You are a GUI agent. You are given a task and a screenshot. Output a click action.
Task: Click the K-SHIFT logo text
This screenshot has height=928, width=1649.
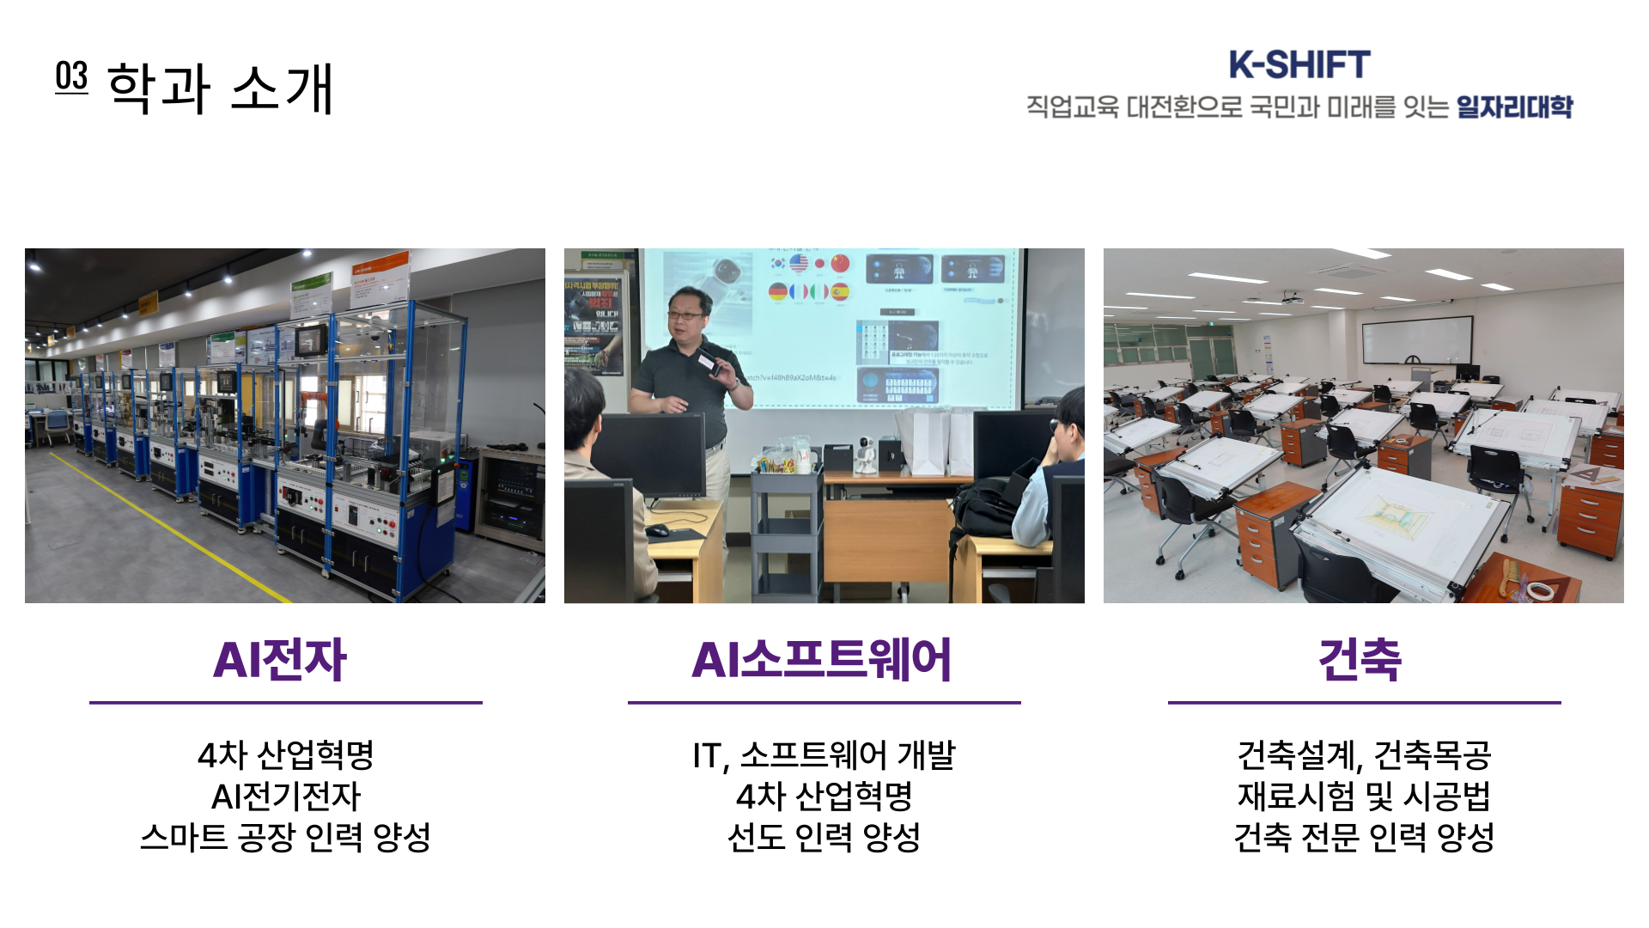pos(1299,64)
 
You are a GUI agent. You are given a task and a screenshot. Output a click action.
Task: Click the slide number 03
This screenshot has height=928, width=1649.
pos(71,76)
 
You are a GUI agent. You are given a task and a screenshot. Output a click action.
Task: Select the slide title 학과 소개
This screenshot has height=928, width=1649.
pos(220,88)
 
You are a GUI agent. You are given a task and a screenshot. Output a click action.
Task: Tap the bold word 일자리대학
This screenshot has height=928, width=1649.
pos(1514,107)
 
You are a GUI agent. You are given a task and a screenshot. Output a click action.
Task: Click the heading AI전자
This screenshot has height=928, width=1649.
pos(280,660)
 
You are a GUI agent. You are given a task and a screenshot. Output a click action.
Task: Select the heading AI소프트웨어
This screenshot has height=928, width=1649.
pos(822,660)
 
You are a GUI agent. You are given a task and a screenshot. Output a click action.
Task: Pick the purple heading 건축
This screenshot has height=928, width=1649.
pos(1360,660)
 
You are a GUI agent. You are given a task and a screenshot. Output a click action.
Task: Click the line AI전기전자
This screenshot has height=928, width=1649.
pos(286,797)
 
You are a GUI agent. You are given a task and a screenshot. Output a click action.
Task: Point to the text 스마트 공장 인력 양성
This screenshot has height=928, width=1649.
pos(285,837)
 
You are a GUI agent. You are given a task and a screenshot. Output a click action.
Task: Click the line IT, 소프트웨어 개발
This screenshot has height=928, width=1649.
pos(824,755)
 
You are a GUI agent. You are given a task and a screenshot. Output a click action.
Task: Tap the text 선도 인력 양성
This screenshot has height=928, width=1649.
pos(824,837)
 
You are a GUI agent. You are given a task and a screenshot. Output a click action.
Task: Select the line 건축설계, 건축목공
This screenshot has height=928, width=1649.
pos(1364,755)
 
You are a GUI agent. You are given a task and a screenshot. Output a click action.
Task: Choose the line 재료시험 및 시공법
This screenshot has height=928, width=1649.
pos(1364,797)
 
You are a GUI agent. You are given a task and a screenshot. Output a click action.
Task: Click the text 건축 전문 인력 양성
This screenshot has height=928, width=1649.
pos(1364,837)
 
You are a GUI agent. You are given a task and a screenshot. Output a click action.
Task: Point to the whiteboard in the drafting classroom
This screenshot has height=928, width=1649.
pos(1417,340)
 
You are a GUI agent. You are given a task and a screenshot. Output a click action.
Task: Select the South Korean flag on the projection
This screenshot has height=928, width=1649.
pos(778,263)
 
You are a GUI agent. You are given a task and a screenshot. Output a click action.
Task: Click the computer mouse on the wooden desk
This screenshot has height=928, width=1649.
pos(658,530)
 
